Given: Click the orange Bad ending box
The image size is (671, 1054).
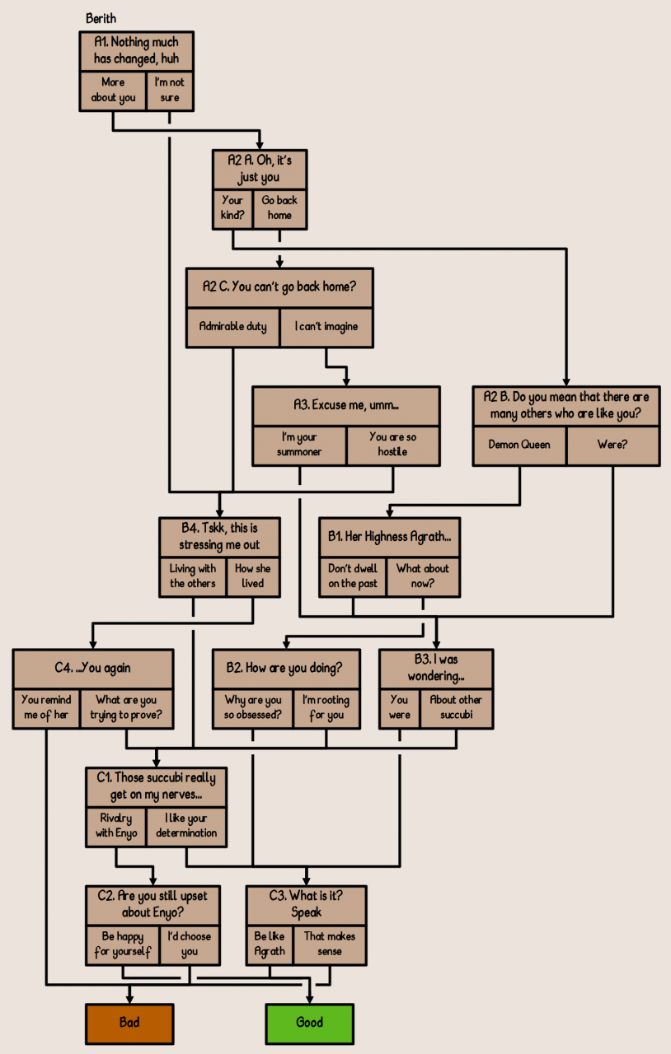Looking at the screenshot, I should [x=129, y=1023].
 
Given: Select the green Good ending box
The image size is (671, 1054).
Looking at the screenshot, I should [x=309, y=1023].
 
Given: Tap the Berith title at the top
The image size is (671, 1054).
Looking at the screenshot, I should [x=101, y=18].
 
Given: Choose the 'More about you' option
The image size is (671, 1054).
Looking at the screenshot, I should [x=113, y=90].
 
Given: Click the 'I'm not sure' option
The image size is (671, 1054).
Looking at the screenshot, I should [x=170, y=90].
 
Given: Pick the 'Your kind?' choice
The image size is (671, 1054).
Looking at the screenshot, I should [x=232, y=208].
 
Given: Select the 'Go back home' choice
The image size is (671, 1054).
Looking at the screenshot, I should [x=279, y=208].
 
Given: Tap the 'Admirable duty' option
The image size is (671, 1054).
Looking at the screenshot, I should [x=233, y=326].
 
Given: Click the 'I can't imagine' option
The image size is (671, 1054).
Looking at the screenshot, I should [x=326, y=326].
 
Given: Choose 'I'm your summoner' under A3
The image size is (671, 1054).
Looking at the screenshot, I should [x=299, y=445].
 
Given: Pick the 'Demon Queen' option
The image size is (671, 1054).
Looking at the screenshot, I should [x=519, y=445].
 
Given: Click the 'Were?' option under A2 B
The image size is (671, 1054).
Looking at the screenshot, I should [x=612, y=445].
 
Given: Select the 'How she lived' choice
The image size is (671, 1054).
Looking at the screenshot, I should [x=252, y=576].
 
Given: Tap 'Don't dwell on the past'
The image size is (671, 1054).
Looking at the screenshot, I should [x=353, y=576].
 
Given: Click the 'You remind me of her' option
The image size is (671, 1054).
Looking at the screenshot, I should [x=46, y=707].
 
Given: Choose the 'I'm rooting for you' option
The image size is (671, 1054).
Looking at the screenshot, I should [x=326, y=707].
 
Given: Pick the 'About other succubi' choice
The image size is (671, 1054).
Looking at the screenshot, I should [x=456, y=707].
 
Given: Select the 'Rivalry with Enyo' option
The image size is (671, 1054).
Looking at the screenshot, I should [x=116, y=825].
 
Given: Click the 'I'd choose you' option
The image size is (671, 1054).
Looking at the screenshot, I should [x=190, y=944].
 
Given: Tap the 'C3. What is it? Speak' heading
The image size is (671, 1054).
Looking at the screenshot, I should [x=306, y=903].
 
